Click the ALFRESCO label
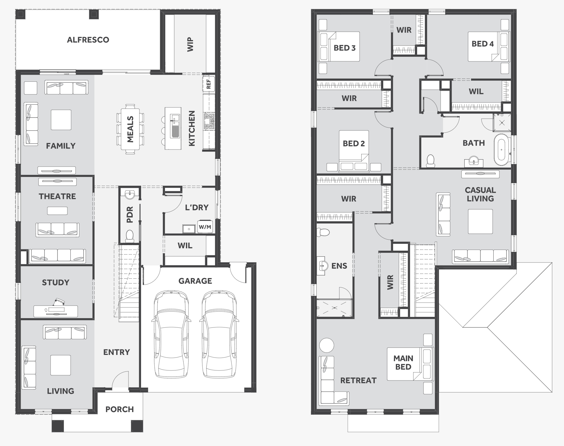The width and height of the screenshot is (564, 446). [88, 40]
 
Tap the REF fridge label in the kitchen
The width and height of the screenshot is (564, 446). [209, 83]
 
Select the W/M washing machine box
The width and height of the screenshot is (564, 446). [205, 227]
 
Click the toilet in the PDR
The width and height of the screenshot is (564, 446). [130, 235]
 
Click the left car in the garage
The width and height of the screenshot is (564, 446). [171, 334]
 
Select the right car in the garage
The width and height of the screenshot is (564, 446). [219, 334]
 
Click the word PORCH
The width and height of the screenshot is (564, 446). [119, 409]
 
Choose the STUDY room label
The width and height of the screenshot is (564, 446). [56, 283]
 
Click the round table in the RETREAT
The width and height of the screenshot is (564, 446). [326, 345]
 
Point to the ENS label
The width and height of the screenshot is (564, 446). [339, 266]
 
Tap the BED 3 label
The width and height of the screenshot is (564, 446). [344, 48]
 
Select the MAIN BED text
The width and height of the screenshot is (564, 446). [403, 363]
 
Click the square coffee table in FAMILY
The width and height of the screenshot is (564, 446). [61, 120]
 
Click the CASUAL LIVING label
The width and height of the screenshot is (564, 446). [480, 194]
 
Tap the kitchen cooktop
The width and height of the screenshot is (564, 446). [209, 121]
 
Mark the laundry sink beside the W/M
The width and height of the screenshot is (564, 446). [189, 229]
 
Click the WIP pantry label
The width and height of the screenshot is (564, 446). [190, 45]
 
